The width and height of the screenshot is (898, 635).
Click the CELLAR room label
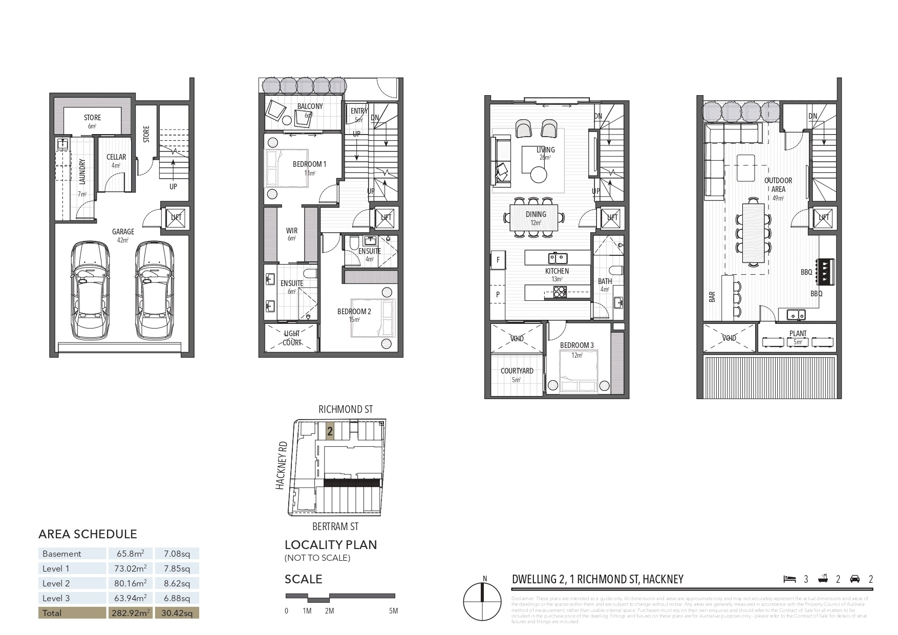coord(116,157)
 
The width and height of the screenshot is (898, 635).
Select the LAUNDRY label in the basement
coord(82,171)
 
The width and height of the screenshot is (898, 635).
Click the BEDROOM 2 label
coord(354,311)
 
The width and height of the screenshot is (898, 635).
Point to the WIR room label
coord(292,231)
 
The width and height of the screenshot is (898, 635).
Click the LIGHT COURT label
coord(292,338)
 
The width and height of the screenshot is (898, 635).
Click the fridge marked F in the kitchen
coord(498,260)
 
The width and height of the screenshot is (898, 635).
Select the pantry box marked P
coord(498,295)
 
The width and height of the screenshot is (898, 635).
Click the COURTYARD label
coord(517,371)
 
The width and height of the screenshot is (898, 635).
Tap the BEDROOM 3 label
coord(576,345)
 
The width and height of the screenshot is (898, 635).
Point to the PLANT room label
coord(798,334)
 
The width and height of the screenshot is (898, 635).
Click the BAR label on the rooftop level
coord(712,297)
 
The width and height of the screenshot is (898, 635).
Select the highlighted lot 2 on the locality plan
coord(330,431)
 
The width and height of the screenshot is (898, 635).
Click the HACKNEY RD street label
coord(281,466)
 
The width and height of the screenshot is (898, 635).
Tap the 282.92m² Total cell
coord(130,612)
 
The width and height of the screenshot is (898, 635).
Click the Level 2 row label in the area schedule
coord(56,583)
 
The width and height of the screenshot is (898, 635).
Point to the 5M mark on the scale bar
coord(393,610)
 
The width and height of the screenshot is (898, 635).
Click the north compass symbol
coord(482,601)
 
